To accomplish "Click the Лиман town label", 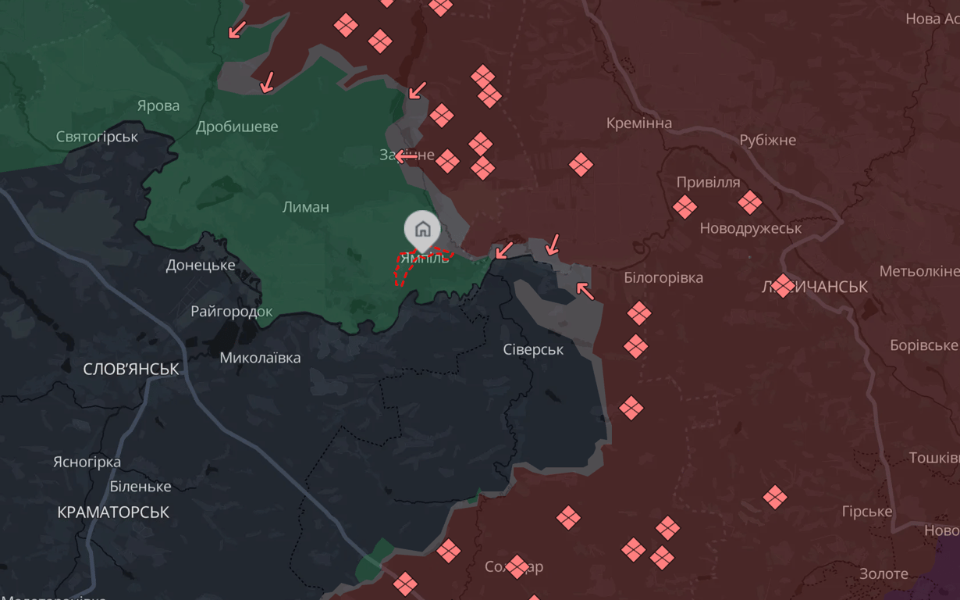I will (305, 207).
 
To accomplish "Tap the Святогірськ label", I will (97, 137).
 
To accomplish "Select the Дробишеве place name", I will (236, 127).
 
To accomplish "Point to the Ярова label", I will (158, 105).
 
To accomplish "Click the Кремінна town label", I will (638, 123).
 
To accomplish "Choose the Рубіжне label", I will (767, 140).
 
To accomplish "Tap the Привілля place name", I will (708, 182).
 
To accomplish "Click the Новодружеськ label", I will (750, 228).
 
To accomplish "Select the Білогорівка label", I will (663, 277).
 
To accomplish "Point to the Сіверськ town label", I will (533, 349).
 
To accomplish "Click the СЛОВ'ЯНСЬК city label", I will (131, 369).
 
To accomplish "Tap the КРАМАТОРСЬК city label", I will (113, 512).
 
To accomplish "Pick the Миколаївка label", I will (260, 358).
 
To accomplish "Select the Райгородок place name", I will (232, 312).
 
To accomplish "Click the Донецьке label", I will (200, 265).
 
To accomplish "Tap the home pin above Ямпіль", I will (422, 229).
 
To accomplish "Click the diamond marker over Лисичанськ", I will (783, 285).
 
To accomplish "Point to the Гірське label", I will (866, 511).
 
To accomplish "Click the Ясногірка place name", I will (87, 462).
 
